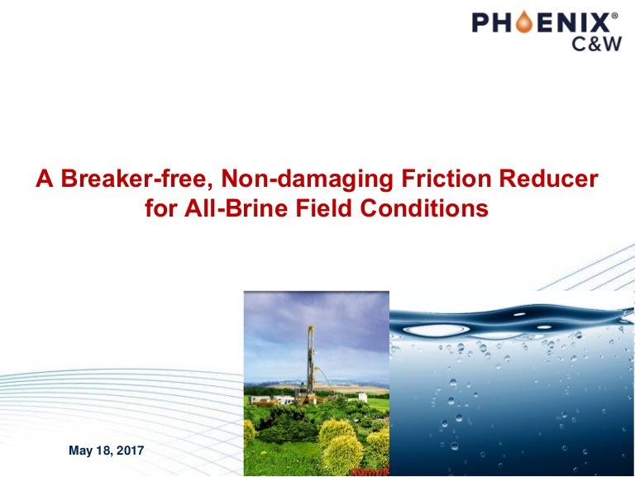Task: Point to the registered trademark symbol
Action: click(614, 14)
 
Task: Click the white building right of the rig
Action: click(361, 398)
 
